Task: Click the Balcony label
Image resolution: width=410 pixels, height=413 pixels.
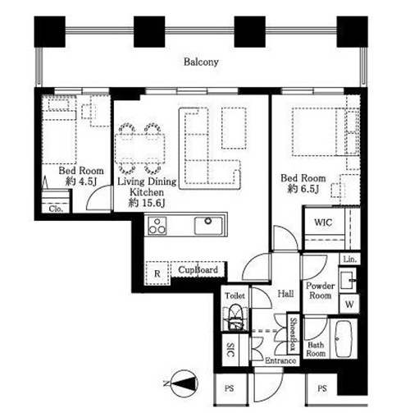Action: (201, 62)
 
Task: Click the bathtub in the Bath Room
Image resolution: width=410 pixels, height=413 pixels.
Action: (344, 339)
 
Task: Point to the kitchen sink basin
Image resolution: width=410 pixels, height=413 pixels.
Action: (208, 226)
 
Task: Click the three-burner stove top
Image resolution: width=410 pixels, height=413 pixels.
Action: (157, 226)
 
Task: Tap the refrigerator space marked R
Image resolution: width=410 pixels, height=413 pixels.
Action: (157, 273)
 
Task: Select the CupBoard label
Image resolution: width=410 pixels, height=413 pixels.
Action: (198, 270)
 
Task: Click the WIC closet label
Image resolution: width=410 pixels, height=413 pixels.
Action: (323, 223)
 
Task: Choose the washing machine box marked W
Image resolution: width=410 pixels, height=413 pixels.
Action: (349, 304)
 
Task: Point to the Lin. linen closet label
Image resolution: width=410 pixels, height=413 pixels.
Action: (350, 259)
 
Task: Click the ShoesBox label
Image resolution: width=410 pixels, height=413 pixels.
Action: (294, 335)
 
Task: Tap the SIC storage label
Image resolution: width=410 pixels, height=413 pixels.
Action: (230, 350)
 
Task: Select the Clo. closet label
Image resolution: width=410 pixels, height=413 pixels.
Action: (56, 209)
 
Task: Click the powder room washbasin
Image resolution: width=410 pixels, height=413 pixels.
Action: (348, 281)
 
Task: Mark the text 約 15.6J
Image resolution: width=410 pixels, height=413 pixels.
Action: (147, 203)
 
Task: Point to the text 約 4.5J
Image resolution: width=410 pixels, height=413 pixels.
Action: (81, 181)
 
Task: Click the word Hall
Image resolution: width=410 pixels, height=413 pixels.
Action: (285, 294)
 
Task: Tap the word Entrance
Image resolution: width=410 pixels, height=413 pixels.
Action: (280, 360)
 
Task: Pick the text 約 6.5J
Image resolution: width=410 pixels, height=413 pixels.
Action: (303, 189)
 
